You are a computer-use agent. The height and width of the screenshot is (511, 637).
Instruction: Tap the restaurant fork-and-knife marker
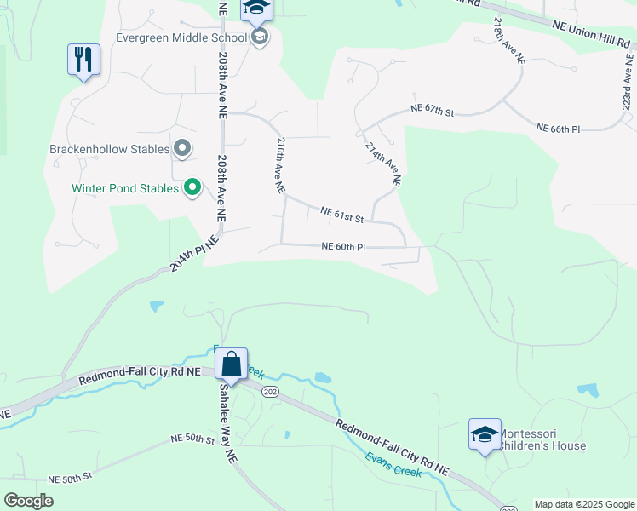[83, 60]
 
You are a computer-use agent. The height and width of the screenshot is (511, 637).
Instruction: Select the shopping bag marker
[231, 365]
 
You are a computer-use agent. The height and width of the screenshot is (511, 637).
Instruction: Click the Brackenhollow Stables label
[110, 149]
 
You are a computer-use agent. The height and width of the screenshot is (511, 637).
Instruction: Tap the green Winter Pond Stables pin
[192, 187]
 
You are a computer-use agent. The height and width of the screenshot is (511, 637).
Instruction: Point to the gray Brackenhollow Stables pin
[182, 149]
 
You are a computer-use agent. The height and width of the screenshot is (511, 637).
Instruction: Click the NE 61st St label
[342, 215]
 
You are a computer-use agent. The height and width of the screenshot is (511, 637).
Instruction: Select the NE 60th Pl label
[343, 247]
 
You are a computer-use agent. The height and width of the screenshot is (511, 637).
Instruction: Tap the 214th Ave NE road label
[382, 164]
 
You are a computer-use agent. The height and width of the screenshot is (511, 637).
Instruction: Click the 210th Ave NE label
[278, 166]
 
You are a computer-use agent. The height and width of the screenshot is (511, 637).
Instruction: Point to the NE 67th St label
[433, 110]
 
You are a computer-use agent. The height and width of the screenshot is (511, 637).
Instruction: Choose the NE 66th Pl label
[558, 129]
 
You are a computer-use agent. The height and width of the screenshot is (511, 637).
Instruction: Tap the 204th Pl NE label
[194, 254]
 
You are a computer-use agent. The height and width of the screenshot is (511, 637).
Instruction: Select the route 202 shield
[271, 392]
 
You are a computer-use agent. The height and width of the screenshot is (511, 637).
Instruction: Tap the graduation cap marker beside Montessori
[485, 434]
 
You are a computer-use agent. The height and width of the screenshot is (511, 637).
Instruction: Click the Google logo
[29, 501]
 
